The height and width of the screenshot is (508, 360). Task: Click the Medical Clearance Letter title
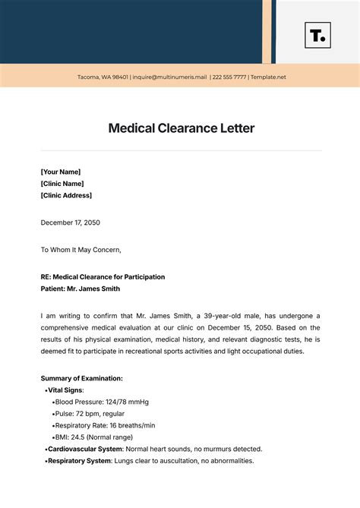point(181,128)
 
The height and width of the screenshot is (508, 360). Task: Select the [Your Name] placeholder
point(61,172)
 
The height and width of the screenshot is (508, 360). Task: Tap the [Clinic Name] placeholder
point(62,183)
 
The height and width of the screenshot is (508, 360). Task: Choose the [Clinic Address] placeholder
point(66,195)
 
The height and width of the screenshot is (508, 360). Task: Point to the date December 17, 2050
point(71,222)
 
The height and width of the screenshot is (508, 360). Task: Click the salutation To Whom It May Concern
point(81,249)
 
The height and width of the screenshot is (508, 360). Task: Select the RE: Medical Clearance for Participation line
point(103,276)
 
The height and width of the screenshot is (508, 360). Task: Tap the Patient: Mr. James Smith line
point(80,289)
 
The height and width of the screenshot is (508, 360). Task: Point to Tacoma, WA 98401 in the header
point(103,77)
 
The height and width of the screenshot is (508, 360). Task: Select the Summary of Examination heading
point(81,377)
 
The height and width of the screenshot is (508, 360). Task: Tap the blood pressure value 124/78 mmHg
point(128,401)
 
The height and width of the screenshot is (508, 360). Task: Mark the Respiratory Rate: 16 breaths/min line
point(105,425)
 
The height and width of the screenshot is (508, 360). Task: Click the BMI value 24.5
point(77,437)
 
